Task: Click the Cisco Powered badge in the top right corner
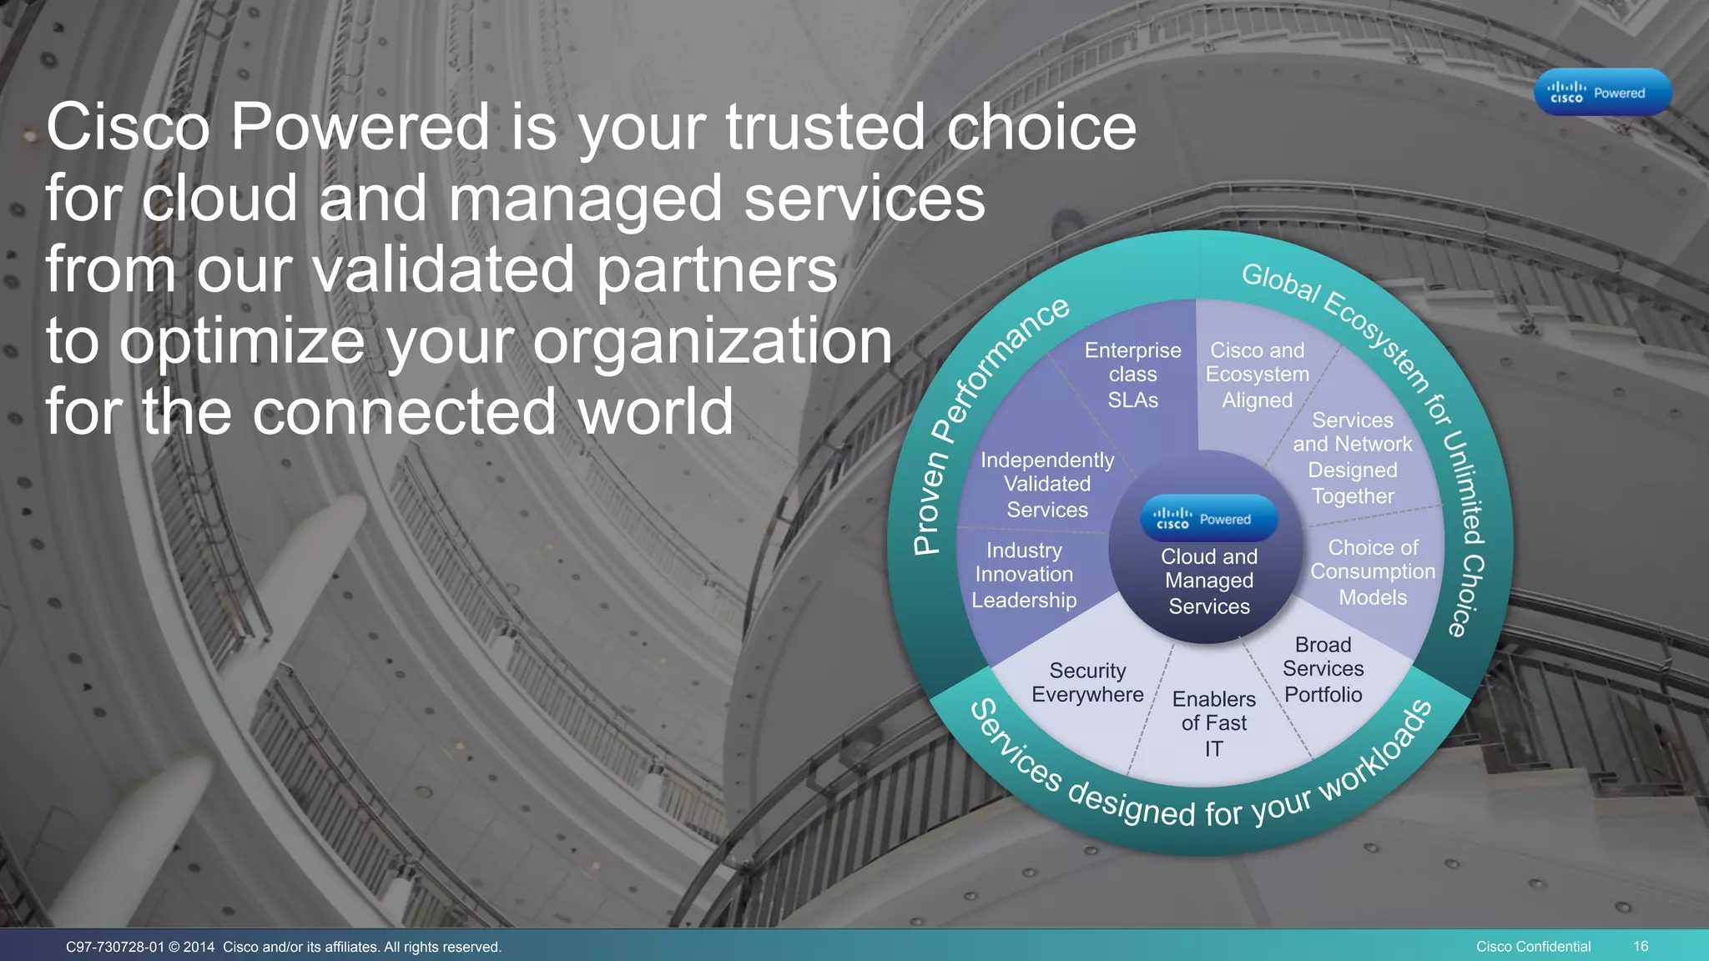1602,92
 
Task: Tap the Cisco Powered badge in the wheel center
1208,519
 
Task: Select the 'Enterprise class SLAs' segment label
1132,375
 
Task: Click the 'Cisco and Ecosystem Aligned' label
1257,375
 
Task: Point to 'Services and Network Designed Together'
1352,458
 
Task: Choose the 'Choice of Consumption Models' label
1373,572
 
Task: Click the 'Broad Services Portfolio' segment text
1323,669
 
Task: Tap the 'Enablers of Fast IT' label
1213,722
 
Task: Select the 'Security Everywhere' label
1087,682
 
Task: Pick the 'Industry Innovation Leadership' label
1024,575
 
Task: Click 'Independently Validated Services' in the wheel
1046,484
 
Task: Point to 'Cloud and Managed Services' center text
1208,581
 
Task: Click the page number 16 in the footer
1641,946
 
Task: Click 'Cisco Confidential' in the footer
1533,946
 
